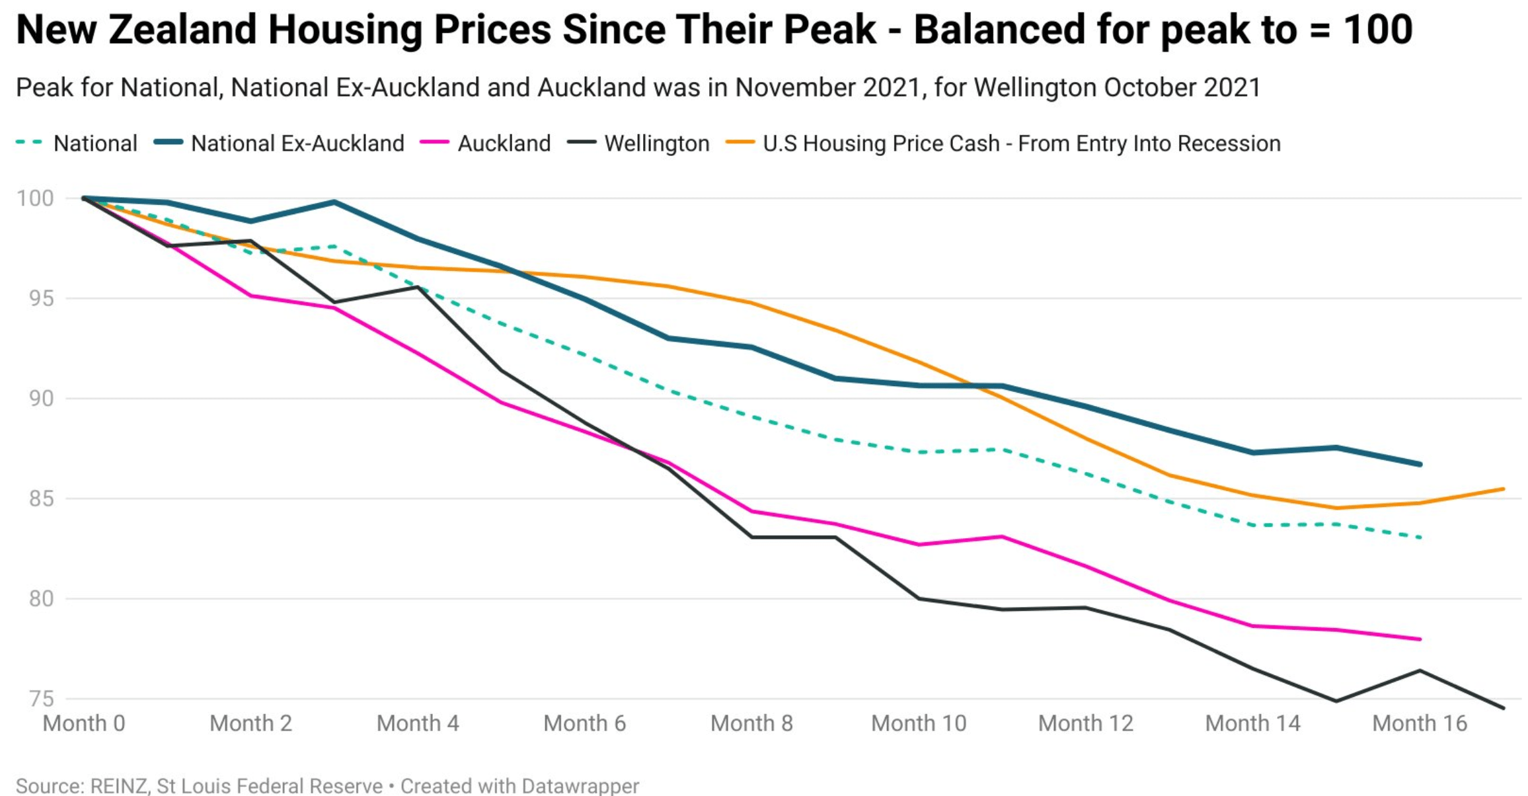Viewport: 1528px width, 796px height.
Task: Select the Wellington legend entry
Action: [x=656, y=143]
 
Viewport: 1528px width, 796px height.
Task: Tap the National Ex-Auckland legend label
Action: [x=297, y=143]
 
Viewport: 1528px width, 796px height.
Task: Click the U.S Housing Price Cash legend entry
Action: [x=1021, y=143]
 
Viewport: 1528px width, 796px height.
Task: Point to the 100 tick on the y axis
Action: [x=35, y=198]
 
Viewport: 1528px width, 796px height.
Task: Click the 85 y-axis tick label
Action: [x=41, y=498]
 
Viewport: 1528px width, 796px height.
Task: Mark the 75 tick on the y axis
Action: [x=41, y=699]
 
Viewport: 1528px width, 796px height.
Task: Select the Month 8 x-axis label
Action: [x=751, y=723]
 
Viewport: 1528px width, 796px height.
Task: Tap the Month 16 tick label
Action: [x=1420, y=723]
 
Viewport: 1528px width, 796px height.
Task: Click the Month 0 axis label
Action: [x=84, y=723]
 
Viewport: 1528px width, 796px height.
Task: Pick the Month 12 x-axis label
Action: [x=1086, y=723]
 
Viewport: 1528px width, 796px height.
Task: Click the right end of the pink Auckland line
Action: [x=1420, y=639]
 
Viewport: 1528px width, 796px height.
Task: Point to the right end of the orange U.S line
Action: [x=1504, y=489]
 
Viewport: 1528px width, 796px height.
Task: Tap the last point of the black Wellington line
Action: [x=1504, y=708]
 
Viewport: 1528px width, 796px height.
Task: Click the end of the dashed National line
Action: [x=1420, y=537]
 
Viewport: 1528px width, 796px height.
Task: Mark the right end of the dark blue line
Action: [x=1420, y=465]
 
